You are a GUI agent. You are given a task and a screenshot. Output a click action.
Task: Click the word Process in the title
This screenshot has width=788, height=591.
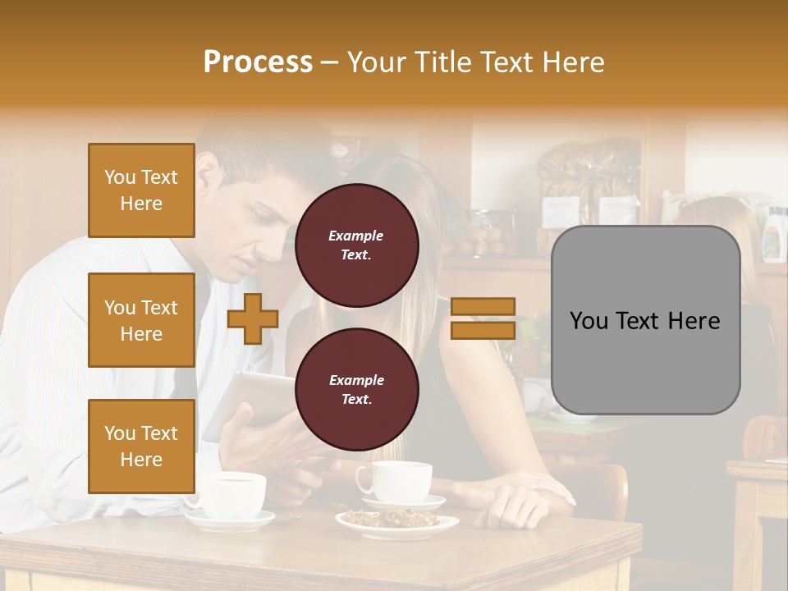pos(258,62)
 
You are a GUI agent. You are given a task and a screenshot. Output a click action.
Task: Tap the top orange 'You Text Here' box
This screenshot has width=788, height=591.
pos(141,190)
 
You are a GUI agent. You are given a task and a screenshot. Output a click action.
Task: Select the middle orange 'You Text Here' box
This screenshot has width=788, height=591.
pos(141,320)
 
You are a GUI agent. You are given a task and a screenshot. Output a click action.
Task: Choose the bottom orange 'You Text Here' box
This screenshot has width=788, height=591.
pos(141,446)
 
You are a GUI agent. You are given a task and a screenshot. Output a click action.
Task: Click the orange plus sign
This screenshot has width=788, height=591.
pos(253,318)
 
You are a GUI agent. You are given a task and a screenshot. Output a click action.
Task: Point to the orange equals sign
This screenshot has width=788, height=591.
pos(483,318)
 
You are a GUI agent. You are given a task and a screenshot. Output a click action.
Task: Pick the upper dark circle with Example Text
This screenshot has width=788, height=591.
pos(357,245)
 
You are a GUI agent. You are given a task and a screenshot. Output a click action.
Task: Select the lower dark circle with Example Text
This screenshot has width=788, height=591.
pos(357,390)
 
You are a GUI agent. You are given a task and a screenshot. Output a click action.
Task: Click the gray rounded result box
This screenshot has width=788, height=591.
pos(645,320)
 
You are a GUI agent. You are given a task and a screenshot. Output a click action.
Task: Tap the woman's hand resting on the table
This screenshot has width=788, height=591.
pos(517,502)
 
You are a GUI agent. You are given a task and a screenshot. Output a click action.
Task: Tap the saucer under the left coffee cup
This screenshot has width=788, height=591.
pos(231,520)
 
